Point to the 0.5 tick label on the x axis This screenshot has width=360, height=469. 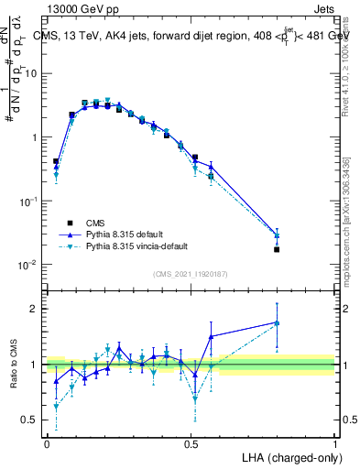point(191,442)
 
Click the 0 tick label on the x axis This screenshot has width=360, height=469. point(47,442)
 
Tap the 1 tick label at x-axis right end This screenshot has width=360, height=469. point(334,442)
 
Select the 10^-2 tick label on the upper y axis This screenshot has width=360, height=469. point(29,265)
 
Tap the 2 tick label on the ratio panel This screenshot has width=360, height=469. point(37,309)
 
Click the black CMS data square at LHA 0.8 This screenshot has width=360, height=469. point(277,249)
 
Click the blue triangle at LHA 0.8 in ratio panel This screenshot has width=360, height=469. point(277,322)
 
